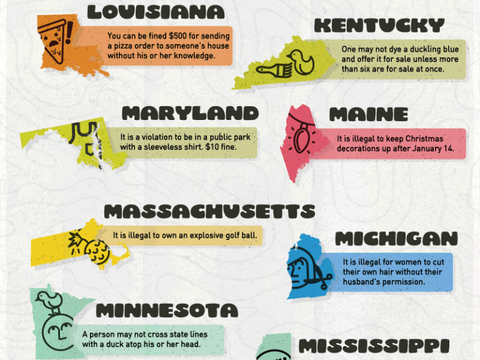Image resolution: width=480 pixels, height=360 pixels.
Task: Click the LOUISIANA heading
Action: tap(156, 12)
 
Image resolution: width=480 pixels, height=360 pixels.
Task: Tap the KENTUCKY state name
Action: tap(379, 26)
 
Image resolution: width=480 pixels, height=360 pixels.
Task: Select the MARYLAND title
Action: tap(190, 113)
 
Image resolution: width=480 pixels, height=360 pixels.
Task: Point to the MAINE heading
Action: tap(368, 115)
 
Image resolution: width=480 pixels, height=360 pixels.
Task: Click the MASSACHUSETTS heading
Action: tap(209, 211)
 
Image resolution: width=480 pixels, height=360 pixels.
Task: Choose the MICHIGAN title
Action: tap(396, 238)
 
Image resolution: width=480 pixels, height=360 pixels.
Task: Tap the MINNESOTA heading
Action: tap(167, 310)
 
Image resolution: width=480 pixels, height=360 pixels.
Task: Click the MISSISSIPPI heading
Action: tap(374, 346)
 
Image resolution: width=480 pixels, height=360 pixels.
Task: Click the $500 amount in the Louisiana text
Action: tap(169, 36)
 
